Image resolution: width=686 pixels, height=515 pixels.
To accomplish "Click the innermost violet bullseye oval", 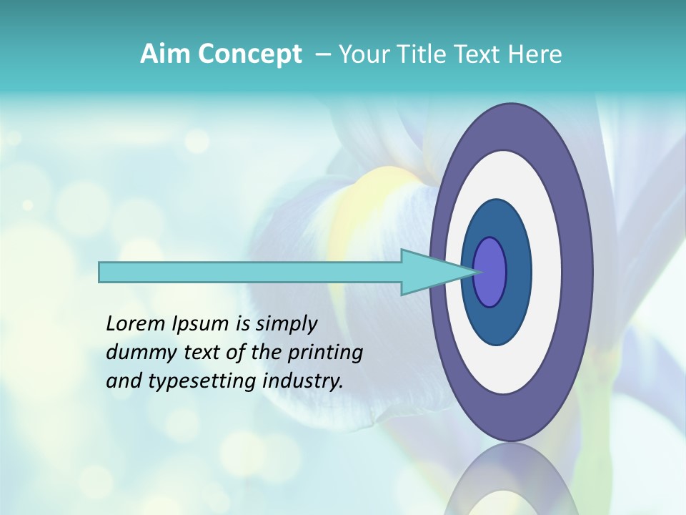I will [490, 272].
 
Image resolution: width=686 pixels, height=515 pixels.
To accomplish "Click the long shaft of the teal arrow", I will [250, 272].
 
